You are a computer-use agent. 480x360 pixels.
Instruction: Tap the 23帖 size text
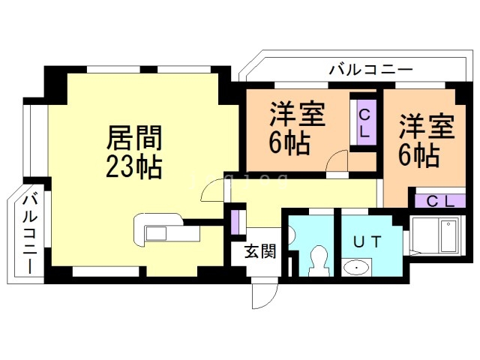[134, 166]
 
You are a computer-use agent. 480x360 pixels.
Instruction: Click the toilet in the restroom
[318, 259]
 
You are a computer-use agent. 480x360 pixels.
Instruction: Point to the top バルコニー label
[371, 70]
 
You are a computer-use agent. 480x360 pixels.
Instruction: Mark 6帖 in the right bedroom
[418, 154]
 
